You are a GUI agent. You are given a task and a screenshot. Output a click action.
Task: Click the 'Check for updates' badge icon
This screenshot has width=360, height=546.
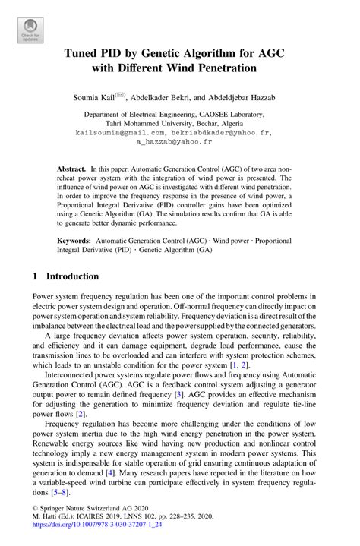[29, 28]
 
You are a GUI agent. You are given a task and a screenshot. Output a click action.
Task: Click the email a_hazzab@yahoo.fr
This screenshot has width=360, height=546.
[179, 141]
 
